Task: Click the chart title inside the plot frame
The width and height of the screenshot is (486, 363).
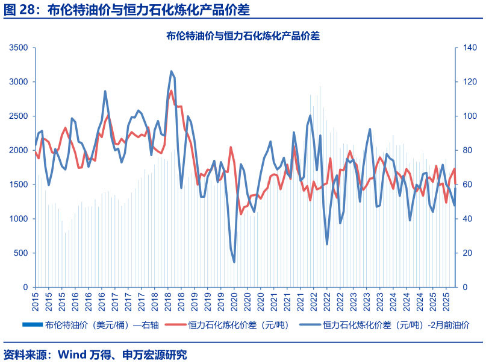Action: (x=243, y=36)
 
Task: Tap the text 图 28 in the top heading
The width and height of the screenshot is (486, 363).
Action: (x=19, y=10)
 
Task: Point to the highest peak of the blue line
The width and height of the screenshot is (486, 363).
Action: (x=171, y=71)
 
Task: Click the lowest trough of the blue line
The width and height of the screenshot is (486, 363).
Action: (x=234, y=262)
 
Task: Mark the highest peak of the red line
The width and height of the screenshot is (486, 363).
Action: (x=171, y=91)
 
